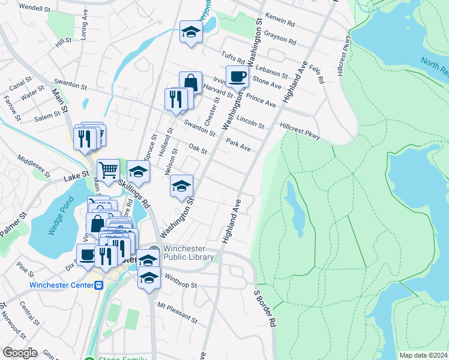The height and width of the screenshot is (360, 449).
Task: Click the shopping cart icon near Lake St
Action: (108, 170)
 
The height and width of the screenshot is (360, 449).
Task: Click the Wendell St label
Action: (35, 8)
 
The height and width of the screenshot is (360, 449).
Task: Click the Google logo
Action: (20, 353)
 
